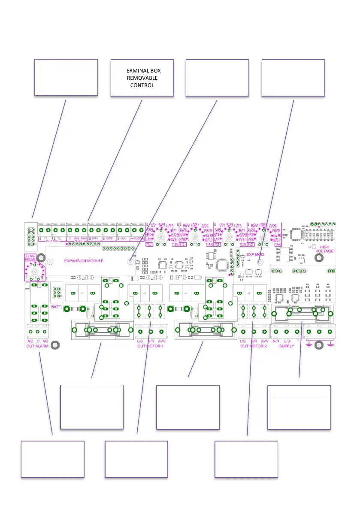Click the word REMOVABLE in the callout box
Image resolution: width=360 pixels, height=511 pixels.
142,78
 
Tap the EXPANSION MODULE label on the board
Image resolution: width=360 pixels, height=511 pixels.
84,260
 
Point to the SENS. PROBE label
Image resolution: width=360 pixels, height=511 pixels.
30,258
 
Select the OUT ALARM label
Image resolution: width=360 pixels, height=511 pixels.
37,346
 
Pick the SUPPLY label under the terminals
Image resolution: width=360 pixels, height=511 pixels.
287,346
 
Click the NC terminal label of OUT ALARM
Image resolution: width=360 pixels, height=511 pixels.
30,341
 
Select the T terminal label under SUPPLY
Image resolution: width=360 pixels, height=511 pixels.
297,341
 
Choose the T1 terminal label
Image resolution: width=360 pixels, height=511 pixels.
45,238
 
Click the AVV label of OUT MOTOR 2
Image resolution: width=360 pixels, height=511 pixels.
265,341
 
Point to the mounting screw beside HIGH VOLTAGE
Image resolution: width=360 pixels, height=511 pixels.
319,257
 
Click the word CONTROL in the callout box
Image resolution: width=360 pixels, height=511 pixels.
142,85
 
